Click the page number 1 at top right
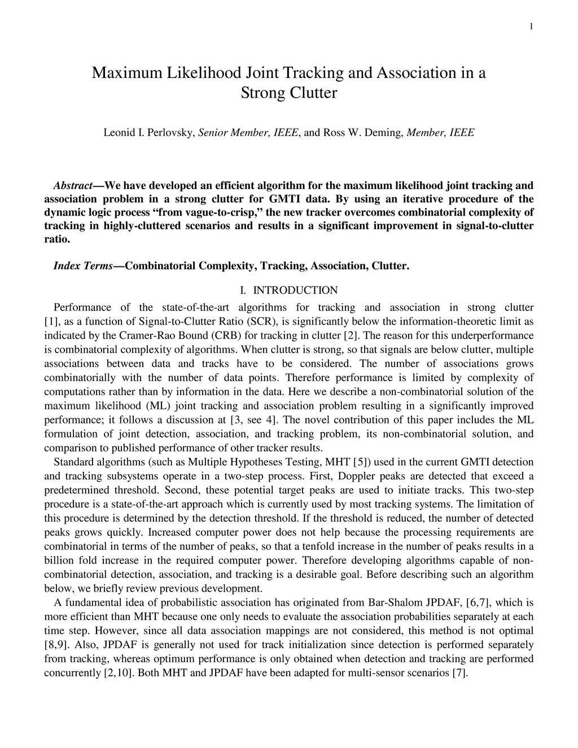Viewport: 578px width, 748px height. coord(532,26)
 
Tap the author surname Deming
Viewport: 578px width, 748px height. coord(383,133)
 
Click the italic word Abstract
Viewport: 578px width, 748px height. coord(73,185)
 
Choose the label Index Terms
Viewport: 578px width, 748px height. coord(83,266)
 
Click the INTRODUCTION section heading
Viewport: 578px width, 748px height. coord(295,290)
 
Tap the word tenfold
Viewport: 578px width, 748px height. coord(392,546)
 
